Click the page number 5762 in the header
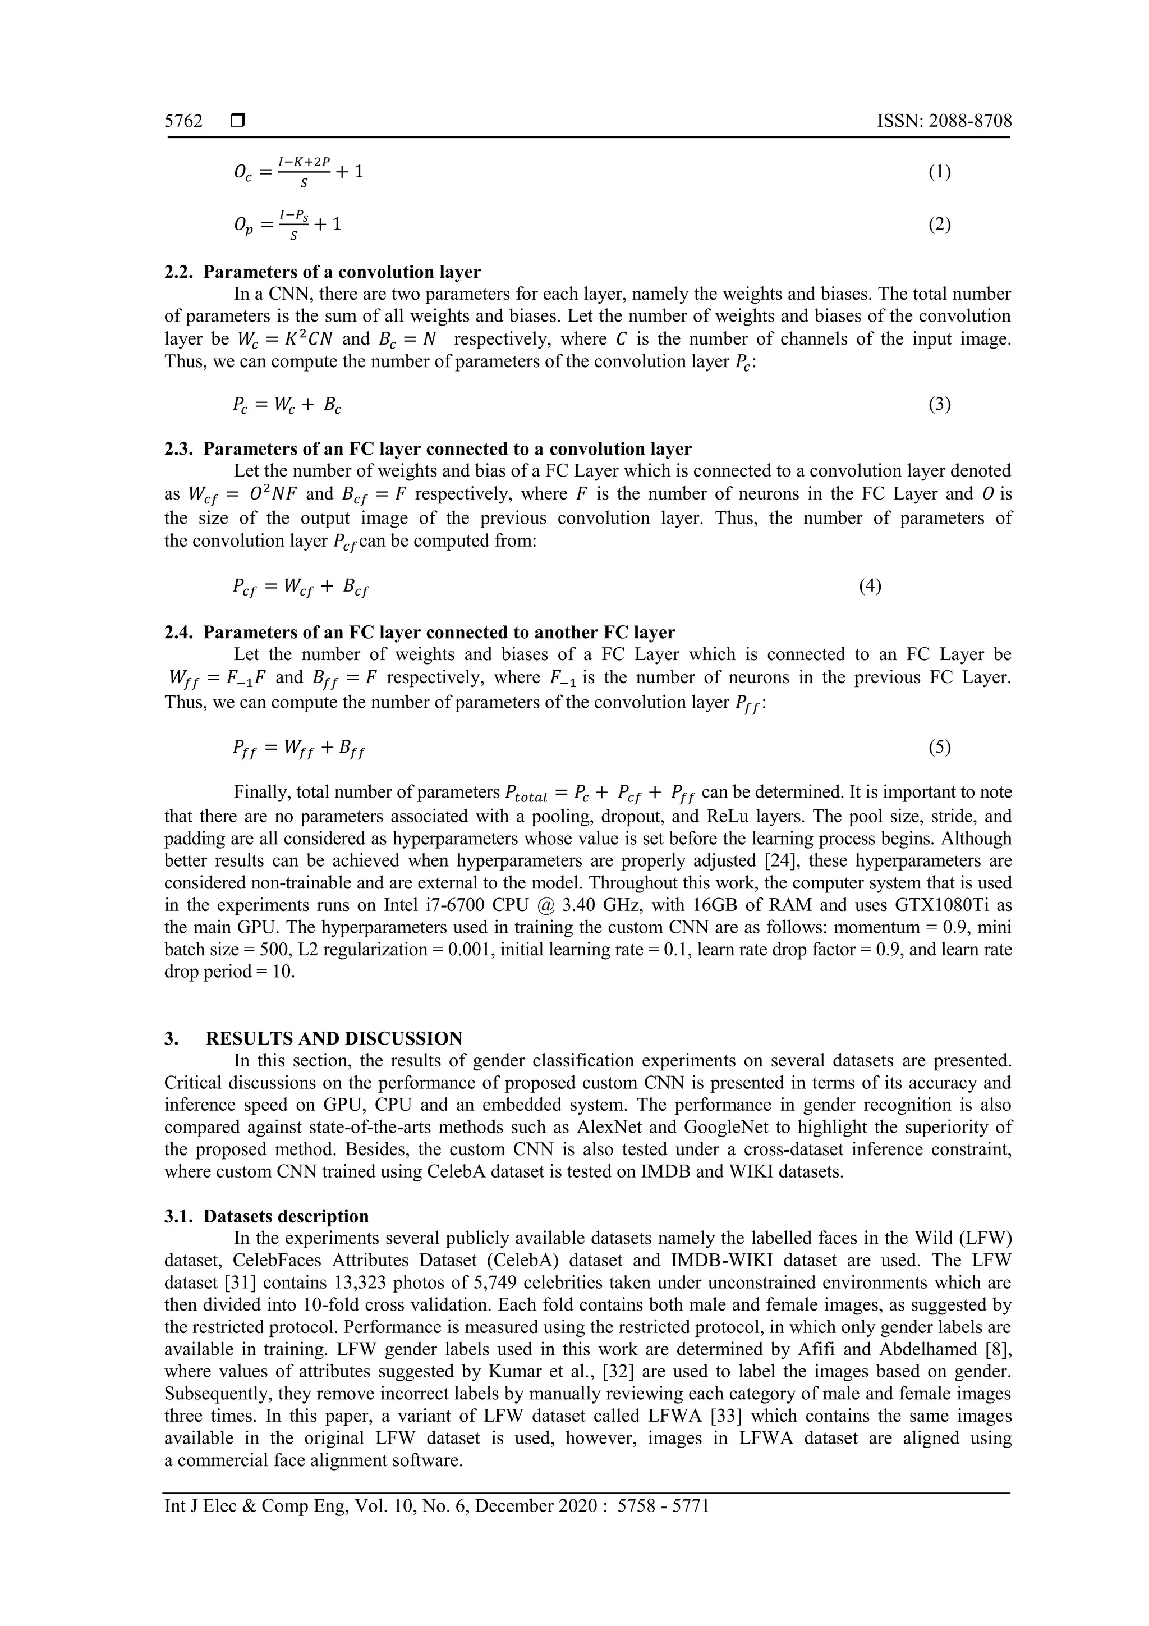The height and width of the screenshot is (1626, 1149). (183, 121)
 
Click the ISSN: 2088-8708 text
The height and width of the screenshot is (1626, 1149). (944, 121)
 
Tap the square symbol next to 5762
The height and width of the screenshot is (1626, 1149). (238, 121)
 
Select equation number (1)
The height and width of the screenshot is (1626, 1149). (939, 172)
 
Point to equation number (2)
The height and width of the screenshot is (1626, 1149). (939, 225)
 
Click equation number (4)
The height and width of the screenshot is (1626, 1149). (870, 585)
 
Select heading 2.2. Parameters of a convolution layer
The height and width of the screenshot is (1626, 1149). (322, 272)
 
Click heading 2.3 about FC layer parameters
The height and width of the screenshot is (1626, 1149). (428, 449)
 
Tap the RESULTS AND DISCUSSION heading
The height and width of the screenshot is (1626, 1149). (333, 1038)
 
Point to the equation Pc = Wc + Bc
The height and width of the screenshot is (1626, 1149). (287, 405)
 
